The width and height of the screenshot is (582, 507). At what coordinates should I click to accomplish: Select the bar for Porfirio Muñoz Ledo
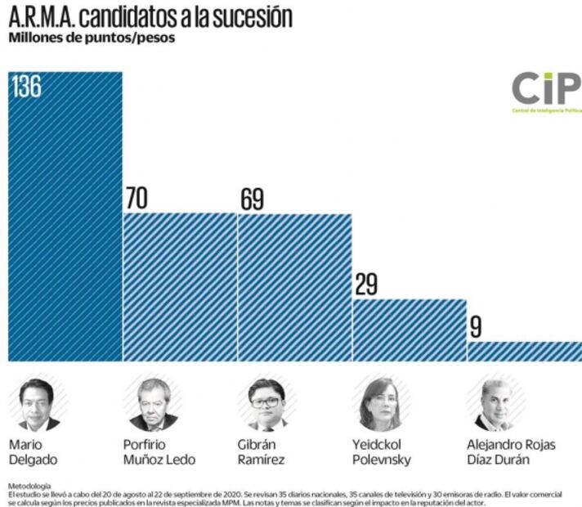click(180, 287)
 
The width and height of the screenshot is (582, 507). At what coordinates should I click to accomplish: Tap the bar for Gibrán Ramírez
click(294, 287)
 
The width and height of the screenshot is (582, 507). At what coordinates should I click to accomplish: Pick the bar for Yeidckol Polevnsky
click(409, 330)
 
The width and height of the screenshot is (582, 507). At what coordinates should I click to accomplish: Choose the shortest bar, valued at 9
click(524, 351)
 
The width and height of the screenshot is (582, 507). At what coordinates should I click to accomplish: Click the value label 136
click(27, 87)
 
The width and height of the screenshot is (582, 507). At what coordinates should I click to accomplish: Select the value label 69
click(257, 199)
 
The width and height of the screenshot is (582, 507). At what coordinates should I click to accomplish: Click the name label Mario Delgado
click(33, 451)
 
